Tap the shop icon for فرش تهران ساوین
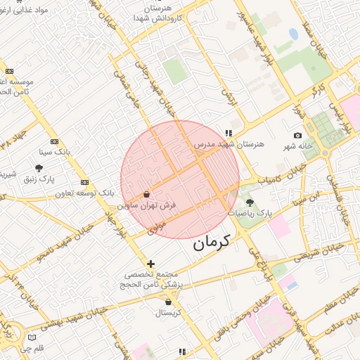coord(146,194)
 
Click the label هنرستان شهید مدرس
coord(229,143)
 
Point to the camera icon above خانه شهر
coord(297,135)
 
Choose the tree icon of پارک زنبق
coord(39,168)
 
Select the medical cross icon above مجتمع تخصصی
coord(150,264)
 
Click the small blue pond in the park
coord(293,34)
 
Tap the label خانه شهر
coord(297,146)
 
